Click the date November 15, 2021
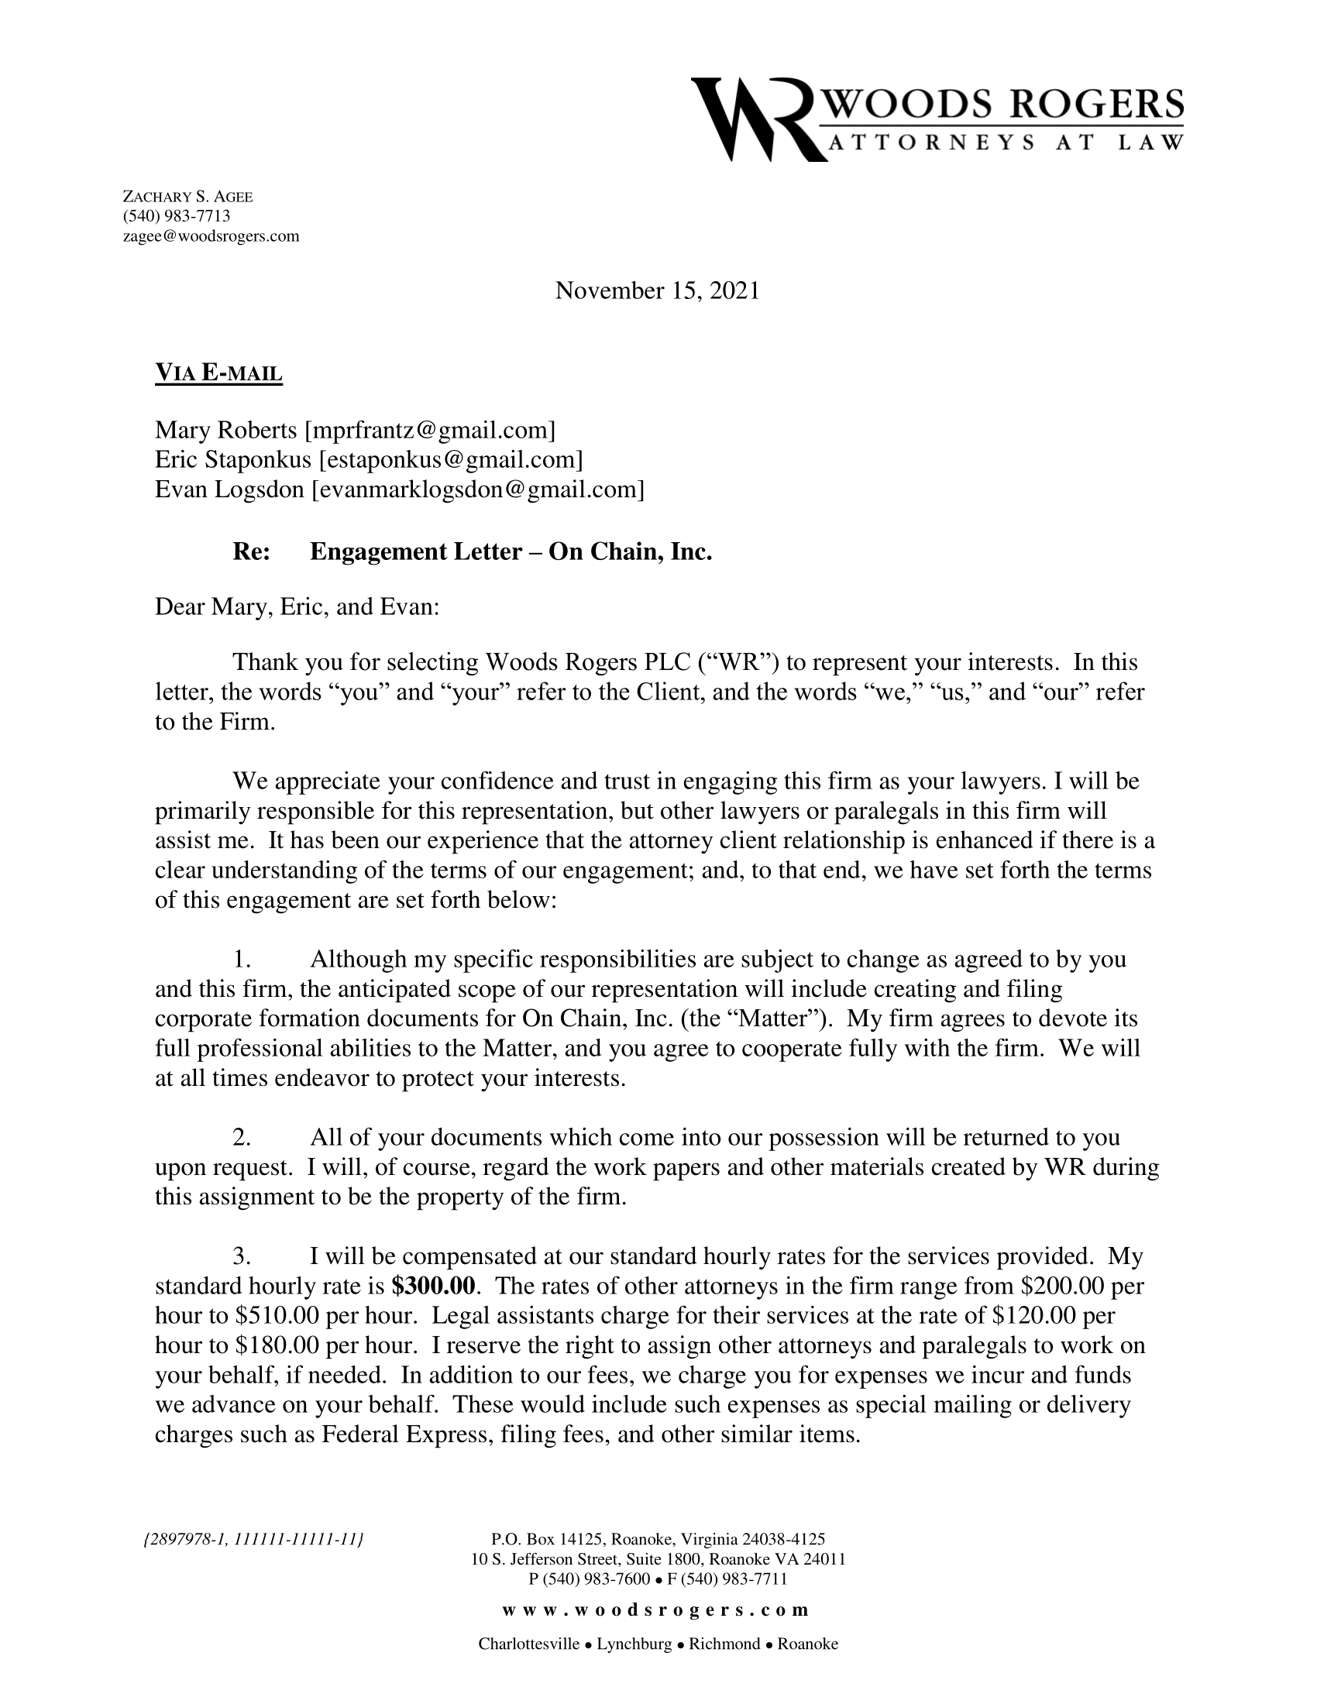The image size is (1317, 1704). point(657,291)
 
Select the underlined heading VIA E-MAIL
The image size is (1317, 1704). point(218,373)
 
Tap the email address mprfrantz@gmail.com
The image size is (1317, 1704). point(430,430)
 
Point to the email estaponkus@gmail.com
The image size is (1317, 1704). point(451,459)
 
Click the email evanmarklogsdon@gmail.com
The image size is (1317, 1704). point(477,490)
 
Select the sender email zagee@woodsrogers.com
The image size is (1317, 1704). point(211,236)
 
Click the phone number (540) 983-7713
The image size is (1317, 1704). point(177,216)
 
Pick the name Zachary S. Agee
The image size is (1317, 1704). point(188,197)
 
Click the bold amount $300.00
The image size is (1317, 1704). point(433,1285)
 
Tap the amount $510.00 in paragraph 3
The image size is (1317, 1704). point(277,1315)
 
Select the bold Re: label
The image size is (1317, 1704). point(251,551)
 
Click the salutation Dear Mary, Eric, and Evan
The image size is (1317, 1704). point(297,606)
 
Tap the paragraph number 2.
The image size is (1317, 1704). point(241,1137)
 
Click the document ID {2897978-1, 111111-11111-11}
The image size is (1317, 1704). point(255,1538)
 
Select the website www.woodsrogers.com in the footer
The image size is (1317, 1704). point(655,1610)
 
